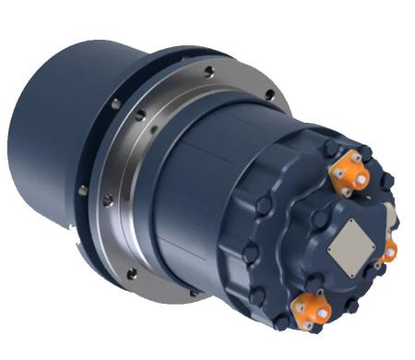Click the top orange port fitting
point(350,171)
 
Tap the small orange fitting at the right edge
point(390,250)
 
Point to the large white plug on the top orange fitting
point(360,177)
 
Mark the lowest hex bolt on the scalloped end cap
point(279,320)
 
